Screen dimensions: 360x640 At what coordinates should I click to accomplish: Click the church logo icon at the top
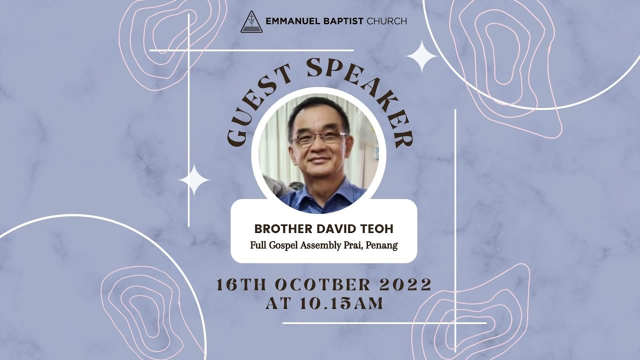[x=251, y=21]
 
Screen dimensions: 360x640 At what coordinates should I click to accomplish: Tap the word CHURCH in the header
[x=386, y=21]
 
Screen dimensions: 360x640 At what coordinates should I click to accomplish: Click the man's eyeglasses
[x=318, y=138]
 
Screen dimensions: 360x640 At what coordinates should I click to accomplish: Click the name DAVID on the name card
[x=340, y=229]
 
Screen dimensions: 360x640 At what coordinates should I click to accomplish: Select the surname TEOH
[x=378, y=229]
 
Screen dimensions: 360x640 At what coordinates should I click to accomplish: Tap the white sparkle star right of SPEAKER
[x=421, y=57]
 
